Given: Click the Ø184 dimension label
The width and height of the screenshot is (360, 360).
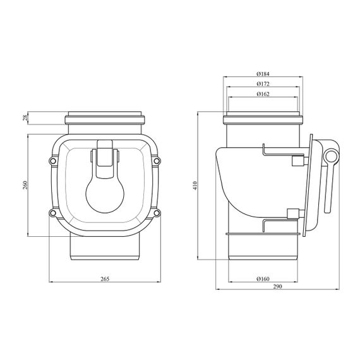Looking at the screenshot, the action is tap(263, 74).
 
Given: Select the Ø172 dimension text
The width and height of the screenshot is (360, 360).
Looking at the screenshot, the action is tap(263, 84).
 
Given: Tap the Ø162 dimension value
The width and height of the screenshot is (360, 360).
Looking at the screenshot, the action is tap(263, 94).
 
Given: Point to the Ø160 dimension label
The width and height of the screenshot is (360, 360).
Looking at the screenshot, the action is tap(263, 279).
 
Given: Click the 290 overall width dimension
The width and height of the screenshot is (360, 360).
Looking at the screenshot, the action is tap(277, 286).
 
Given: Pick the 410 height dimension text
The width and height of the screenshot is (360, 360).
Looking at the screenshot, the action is tap(195, 186).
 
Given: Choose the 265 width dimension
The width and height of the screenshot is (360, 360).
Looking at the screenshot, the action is tap(105, 279).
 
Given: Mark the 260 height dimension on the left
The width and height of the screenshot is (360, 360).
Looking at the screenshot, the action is tap(25, 185).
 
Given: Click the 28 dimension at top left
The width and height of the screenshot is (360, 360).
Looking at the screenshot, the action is tap(25, 118).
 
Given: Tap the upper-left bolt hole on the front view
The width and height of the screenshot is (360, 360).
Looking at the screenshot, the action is tap(53, 161).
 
